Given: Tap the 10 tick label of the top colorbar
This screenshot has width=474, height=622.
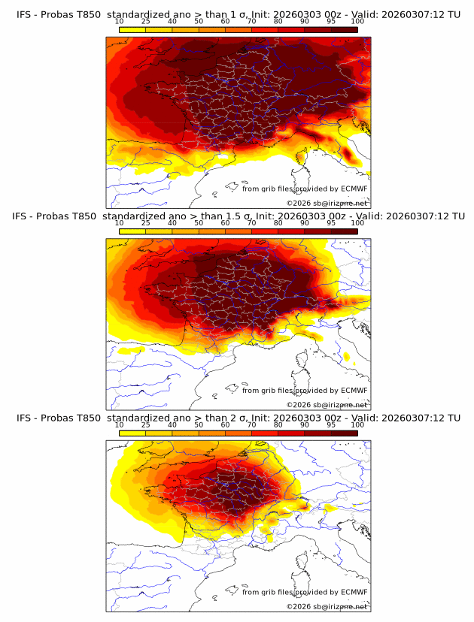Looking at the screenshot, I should [120, 22].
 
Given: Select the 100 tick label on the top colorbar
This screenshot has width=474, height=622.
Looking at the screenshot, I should [357, 22].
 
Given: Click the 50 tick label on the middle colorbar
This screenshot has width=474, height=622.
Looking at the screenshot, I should [199, 223].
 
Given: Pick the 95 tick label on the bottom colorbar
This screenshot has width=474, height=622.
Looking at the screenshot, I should [331, 425].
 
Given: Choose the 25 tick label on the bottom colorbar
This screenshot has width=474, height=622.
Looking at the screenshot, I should [146, 425].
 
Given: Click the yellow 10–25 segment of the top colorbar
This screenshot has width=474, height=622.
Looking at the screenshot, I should [132, 29].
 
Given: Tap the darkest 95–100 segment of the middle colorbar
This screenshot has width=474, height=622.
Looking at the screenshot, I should [344, 231].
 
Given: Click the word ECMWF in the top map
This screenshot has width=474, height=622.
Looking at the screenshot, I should [354, 189].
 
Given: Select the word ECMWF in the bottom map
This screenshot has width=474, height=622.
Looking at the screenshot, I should [354, 592].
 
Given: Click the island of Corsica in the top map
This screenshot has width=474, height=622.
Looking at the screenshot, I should [305, 159].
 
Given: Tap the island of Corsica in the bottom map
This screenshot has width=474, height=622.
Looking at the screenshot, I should [305, 562].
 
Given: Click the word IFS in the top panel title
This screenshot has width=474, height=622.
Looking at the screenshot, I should [25, 13].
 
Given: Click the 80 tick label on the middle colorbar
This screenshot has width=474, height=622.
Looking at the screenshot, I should [278, 223].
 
